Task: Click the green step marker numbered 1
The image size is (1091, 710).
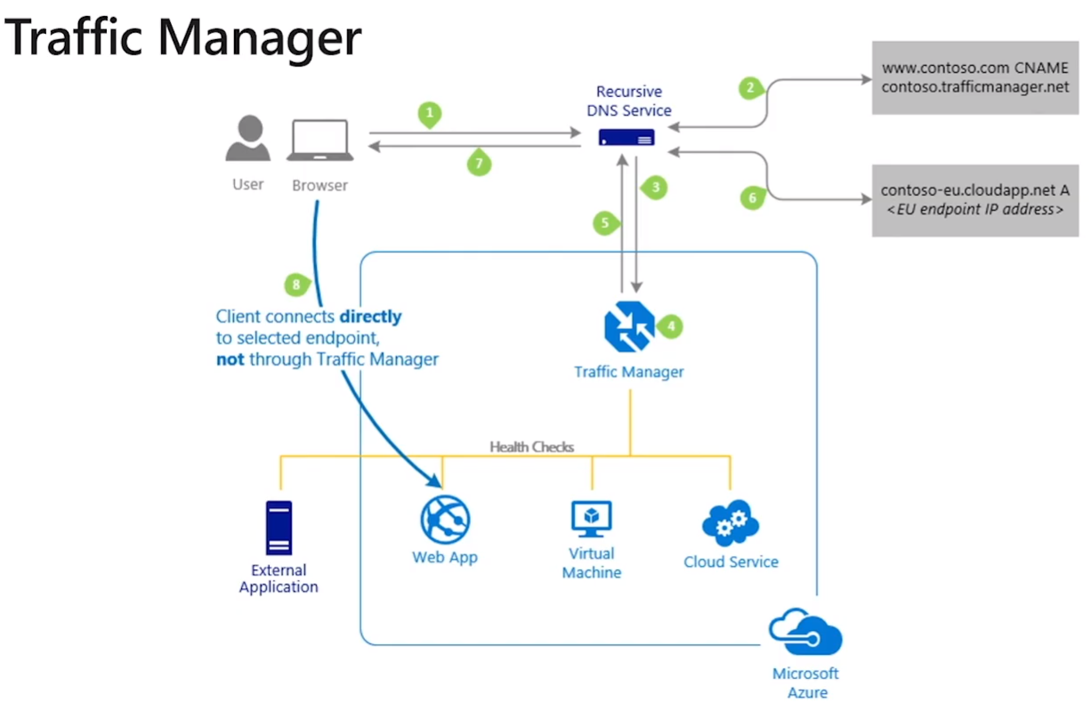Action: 430,114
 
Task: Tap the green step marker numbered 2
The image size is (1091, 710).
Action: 751,88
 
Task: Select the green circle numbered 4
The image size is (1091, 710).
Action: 671,327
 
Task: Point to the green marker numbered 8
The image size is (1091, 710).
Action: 295,286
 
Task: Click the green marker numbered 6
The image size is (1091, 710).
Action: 752,198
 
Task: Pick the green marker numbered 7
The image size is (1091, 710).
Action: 479,164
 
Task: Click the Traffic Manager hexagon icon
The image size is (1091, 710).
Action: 628,327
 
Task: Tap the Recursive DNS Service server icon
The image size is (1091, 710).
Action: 626,138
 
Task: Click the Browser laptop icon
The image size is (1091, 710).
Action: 319,141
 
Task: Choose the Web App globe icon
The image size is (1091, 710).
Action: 445,520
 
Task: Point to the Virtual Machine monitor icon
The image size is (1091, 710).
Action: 592,519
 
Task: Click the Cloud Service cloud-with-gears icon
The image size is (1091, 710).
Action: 730,523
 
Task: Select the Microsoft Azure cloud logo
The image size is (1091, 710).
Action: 806,633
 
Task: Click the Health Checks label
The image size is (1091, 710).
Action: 531,447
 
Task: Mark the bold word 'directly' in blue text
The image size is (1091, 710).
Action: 369,316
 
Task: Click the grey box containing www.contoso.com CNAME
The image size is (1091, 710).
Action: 974,77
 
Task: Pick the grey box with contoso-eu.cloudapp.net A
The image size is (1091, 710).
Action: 974,200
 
